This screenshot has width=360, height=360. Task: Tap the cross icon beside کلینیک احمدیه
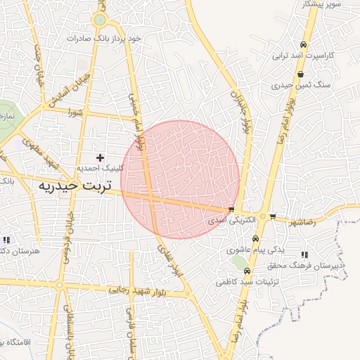100,157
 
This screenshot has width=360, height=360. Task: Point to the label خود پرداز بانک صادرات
103,38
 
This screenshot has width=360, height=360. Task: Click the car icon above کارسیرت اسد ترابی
304,42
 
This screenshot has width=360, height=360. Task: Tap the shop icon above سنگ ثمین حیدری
301,74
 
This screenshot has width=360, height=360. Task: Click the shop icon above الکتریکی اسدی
231,210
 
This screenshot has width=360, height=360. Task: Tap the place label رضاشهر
303,222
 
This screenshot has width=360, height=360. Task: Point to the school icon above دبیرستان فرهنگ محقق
304,255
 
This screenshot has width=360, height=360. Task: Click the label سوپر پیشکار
323,4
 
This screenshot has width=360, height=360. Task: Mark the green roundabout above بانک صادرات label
100,20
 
